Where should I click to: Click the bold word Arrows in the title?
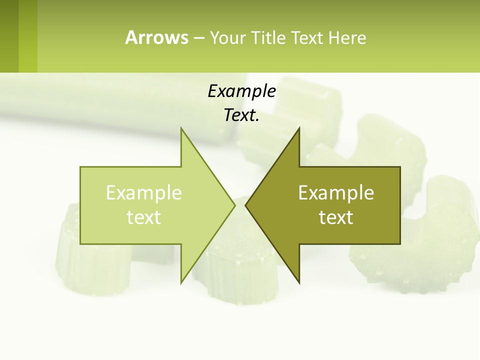point(156,37)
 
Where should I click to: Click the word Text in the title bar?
point(307,37)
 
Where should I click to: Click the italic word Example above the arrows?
point(241,91)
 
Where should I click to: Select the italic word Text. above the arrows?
point(241,115)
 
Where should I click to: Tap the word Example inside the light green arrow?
point(144,192)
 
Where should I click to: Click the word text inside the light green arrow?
point(144,217)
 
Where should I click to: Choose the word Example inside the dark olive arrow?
point(336,192)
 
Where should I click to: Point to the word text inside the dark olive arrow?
point(336,217)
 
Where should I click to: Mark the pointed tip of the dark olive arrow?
point(246,205)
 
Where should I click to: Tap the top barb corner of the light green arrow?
point(181,129)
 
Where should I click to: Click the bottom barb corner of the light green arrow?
point(181,282)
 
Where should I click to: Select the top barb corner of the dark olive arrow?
point(299,129)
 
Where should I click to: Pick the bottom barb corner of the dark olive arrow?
point(299,282)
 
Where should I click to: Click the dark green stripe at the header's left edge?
point(9,36)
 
